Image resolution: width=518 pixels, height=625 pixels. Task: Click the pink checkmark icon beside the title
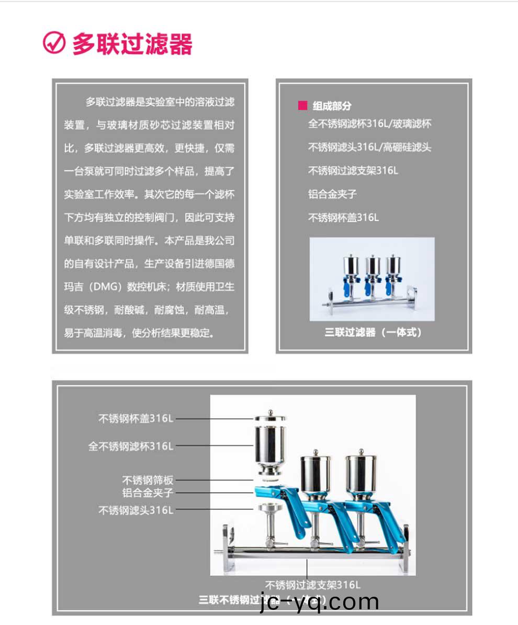[54, 43]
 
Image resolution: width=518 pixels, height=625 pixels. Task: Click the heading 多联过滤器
[132, 44]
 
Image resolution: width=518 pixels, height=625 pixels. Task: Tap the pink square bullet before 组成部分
[302, 105]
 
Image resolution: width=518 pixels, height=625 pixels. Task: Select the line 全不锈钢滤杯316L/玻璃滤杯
[369, 124]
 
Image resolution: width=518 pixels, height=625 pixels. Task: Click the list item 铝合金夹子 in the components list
[332, 194]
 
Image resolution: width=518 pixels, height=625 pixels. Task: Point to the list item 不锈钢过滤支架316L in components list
[353, 171]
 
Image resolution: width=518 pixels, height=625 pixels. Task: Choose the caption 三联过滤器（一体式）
[373, 332]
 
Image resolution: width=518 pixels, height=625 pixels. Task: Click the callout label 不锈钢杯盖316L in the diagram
[136, 418]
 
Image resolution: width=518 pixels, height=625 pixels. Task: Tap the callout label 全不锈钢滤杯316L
[130, 447]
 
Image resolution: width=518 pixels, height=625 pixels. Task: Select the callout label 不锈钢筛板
[148, 479]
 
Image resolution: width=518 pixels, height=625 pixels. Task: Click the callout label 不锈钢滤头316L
[136, 510]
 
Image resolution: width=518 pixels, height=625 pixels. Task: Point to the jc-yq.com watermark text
[319, 602]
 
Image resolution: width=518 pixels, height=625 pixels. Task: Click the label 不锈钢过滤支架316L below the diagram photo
[312, 585]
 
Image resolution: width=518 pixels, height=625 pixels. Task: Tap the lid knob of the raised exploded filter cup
[270, 413]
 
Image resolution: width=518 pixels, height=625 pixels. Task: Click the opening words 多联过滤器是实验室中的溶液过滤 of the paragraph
[160, 102]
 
